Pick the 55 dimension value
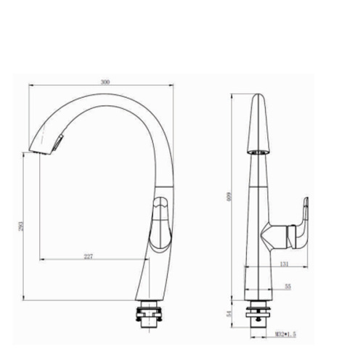[287, 287]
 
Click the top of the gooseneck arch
[113, 99]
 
